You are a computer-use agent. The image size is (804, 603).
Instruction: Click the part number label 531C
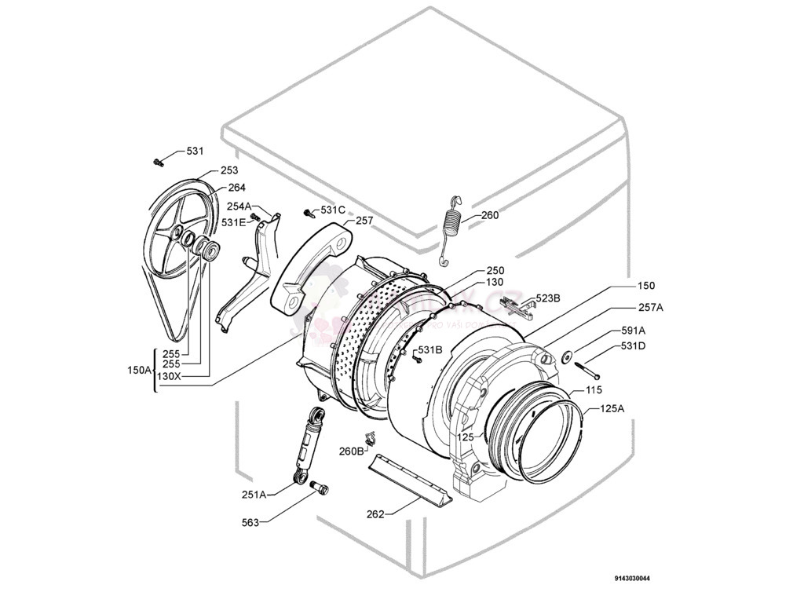333,210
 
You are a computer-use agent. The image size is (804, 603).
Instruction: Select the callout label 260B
351,451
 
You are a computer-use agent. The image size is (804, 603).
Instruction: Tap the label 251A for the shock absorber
254,494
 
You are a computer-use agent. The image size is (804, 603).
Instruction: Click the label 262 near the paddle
375,514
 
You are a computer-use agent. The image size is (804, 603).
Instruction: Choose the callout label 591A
633,331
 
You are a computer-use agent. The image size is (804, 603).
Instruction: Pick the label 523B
547,298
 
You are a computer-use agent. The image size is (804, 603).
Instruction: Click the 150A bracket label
139,369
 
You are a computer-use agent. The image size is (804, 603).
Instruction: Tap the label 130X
169,376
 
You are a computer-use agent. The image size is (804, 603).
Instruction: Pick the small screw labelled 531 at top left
158,162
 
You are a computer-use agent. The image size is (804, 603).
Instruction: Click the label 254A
239,206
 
